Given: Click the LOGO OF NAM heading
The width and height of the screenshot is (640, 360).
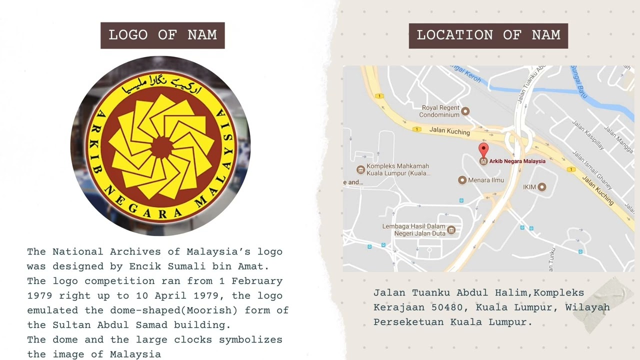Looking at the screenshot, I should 162,35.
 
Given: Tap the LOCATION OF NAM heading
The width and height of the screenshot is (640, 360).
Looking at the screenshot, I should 488,35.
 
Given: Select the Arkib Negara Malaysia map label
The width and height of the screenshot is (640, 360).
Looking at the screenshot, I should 517,161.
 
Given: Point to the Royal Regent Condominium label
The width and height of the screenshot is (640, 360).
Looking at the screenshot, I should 440,111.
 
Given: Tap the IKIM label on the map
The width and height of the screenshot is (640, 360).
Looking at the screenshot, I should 529,187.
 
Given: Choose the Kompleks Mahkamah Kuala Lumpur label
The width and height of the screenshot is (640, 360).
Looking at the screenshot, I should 398,169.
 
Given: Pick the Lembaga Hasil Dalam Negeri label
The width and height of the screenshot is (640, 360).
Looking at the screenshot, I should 413,230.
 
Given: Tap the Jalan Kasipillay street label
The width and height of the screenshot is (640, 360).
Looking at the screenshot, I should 588,135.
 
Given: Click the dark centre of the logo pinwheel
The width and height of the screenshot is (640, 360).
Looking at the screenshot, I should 161,146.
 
